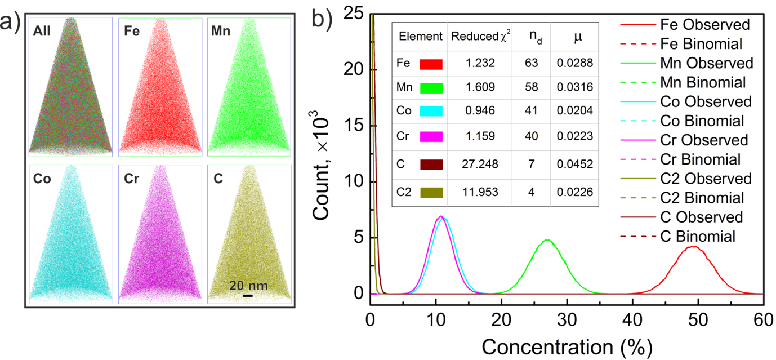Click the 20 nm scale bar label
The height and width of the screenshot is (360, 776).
pos(248,286)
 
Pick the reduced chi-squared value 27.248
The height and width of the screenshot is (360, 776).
pos(479,164)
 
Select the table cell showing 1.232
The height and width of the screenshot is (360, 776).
pos(479,64)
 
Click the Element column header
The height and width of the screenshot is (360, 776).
pos(420,37)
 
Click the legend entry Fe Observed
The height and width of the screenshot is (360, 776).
pos(705,25)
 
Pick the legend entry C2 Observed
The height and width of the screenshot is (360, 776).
pos(706,179)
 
